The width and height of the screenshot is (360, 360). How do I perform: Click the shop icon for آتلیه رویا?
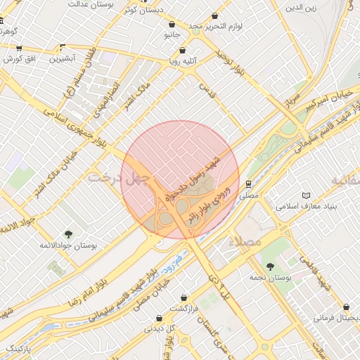pos(183,51)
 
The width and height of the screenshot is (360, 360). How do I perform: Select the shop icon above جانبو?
pos(172,24)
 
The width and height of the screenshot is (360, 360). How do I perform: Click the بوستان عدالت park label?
pos(91,4)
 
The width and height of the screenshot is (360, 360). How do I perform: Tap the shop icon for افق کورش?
pos(19,49)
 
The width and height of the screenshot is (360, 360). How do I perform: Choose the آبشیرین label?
pos(63,58)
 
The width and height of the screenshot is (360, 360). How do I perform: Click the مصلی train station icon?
pos(248,183)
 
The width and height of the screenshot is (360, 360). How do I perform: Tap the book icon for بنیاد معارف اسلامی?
pos(305,195)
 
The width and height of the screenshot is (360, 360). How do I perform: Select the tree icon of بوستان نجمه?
pos(270,266)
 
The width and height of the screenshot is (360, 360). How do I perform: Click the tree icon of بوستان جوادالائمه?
pos(67,234)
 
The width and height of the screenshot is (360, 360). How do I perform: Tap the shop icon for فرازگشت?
pos(184,297)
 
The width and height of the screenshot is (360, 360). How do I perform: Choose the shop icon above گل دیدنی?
pos(160,317)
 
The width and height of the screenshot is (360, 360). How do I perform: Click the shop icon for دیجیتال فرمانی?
pos(346,307)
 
